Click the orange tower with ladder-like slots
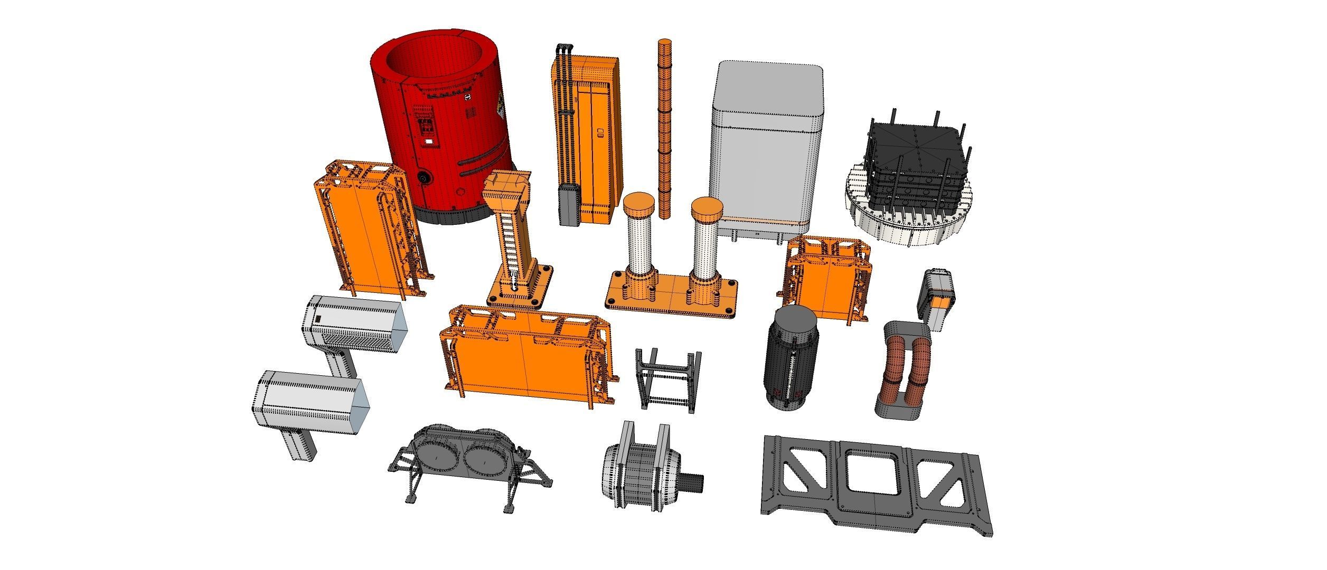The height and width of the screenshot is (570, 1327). (511, 237)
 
